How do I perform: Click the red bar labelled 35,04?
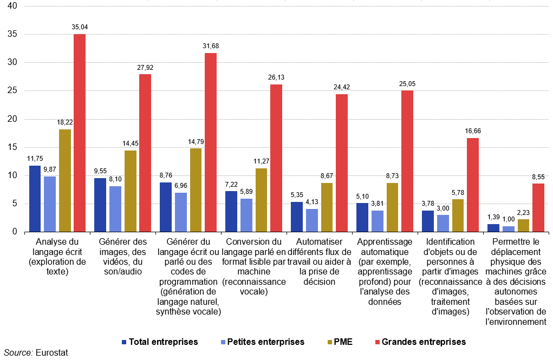pyautogui.click(x=80, y=133)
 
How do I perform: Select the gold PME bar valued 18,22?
pyautogui.click(x=65, y=180)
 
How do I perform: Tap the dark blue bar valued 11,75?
pyautogui.click(x=35, y=199)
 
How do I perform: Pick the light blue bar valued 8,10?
pyautogui.click(x=115, y=209)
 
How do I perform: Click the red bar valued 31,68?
pyautogui.click(x=211, y=142)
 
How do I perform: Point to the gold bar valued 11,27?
pyautogui.click(x=262, y=200)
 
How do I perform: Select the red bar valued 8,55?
pyautogui.click(x=538, y=208)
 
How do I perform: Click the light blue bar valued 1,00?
pyautogui.click(x=509, y=229)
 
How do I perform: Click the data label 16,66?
pyautogui.click(x=473, y=131)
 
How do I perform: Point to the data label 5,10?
pyautogui.click(x=362, y=197)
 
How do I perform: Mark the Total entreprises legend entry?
pyautogui.click(x=160, y=342)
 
